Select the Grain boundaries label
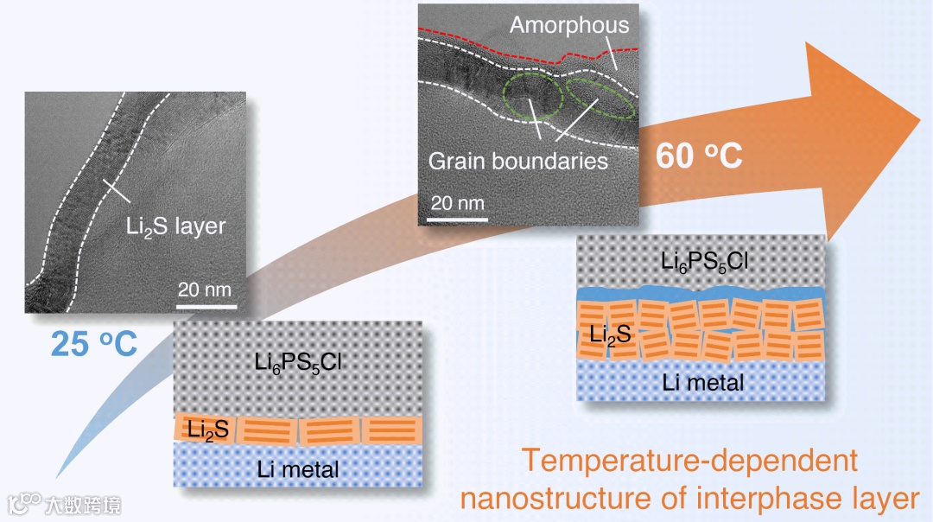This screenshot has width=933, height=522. point(518,161)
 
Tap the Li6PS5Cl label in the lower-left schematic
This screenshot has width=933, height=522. point(297,362)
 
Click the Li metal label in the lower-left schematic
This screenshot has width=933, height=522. point(298,469)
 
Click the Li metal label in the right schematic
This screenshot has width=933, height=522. point(702,381)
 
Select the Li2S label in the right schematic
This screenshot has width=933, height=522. point(611,334)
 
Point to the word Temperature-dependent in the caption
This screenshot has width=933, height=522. point(689,461)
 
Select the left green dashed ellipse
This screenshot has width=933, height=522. point(528,97)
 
